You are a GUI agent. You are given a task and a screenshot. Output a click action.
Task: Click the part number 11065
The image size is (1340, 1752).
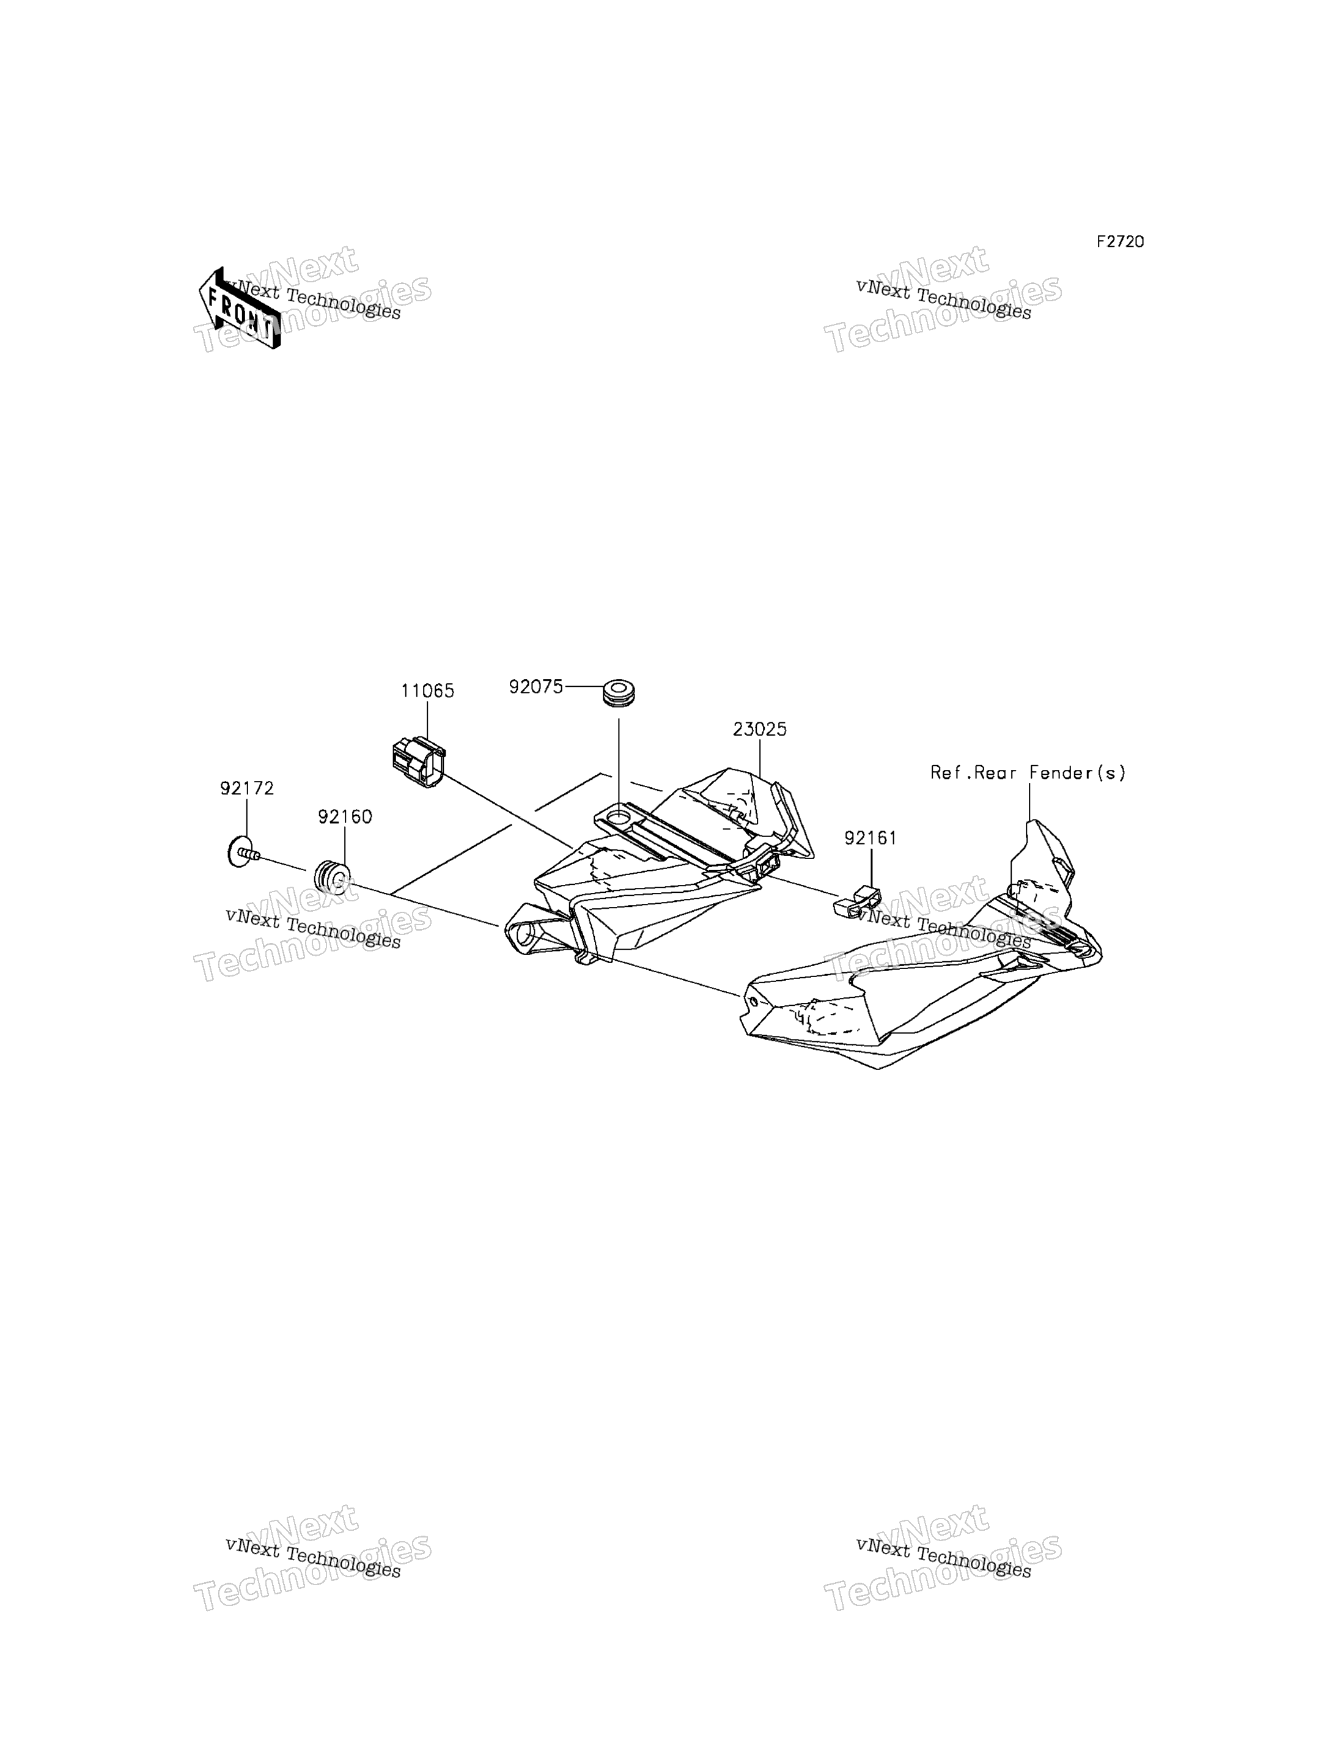pos(427,691)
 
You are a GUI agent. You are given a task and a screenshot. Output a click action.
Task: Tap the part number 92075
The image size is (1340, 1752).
pos(536,687)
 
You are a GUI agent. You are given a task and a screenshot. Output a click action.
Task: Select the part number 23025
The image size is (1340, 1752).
pos(759,730)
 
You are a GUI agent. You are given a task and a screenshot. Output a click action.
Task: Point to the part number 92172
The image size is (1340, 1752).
pos(247,789)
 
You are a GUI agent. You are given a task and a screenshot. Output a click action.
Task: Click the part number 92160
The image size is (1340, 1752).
pos(345,818)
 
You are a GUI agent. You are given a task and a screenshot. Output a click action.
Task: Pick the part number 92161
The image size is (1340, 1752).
pos(871,838)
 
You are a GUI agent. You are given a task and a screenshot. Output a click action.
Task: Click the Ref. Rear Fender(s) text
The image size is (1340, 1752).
pos(1028,773)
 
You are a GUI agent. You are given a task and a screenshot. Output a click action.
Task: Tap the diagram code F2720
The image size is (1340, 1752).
pos(1120,241)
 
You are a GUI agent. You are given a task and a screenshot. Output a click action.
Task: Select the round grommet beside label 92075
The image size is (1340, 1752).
pos(618,692)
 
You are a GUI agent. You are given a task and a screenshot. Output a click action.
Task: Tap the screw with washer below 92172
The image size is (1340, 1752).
pos(243,853)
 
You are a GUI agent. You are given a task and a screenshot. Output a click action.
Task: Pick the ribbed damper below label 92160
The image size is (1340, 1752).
pos(333,879)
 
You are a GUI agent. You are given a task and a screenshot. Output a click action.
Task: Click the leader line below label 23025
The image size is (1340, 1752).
pos(759,759)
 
